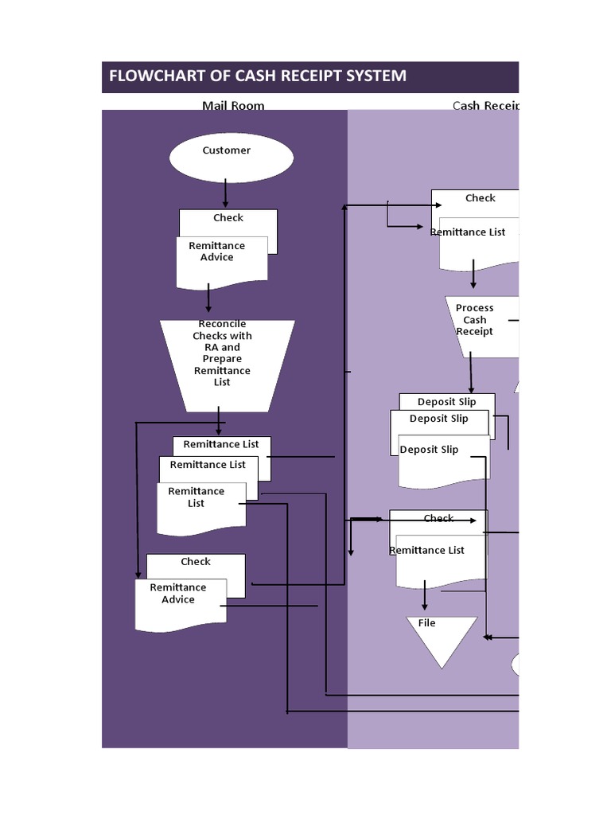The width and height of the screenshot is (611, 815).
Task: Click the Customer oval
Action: (231, 157)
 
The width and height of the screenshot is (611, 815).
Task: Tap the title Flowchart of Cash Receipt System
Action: (257, 76)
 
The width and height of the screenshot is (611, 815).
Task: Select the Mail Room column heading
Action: (233, 105)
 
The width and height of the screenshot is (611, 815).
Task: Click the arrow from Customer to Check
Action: (226, 193)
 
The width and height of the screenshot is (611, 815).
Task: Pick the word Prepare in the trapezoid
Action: (222, 359)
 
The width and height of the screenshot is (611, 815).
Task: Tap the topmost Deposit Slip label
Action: (446, 402)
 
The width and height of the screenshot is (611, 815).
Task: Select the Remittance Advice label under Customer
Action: (216, 252)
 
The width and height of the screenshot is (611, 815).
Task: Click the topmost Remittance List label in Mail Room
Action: (220, 444)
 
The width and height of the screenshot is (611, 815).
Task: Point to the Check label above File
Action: (438, 518)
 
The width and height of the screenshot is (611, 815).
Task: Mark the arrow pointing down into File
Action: (425, 596)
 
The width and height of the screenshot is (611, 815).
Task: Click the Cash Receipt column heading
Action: (485, 105)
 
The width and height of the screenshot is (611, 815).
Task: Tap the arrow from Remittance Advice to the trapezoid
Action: (208, 298)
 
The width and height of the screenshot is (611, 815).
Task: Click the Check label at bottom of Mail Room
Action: (195, 562)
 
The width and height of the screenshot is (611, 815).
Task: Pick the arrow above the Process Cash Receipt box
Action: (473, 275)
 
